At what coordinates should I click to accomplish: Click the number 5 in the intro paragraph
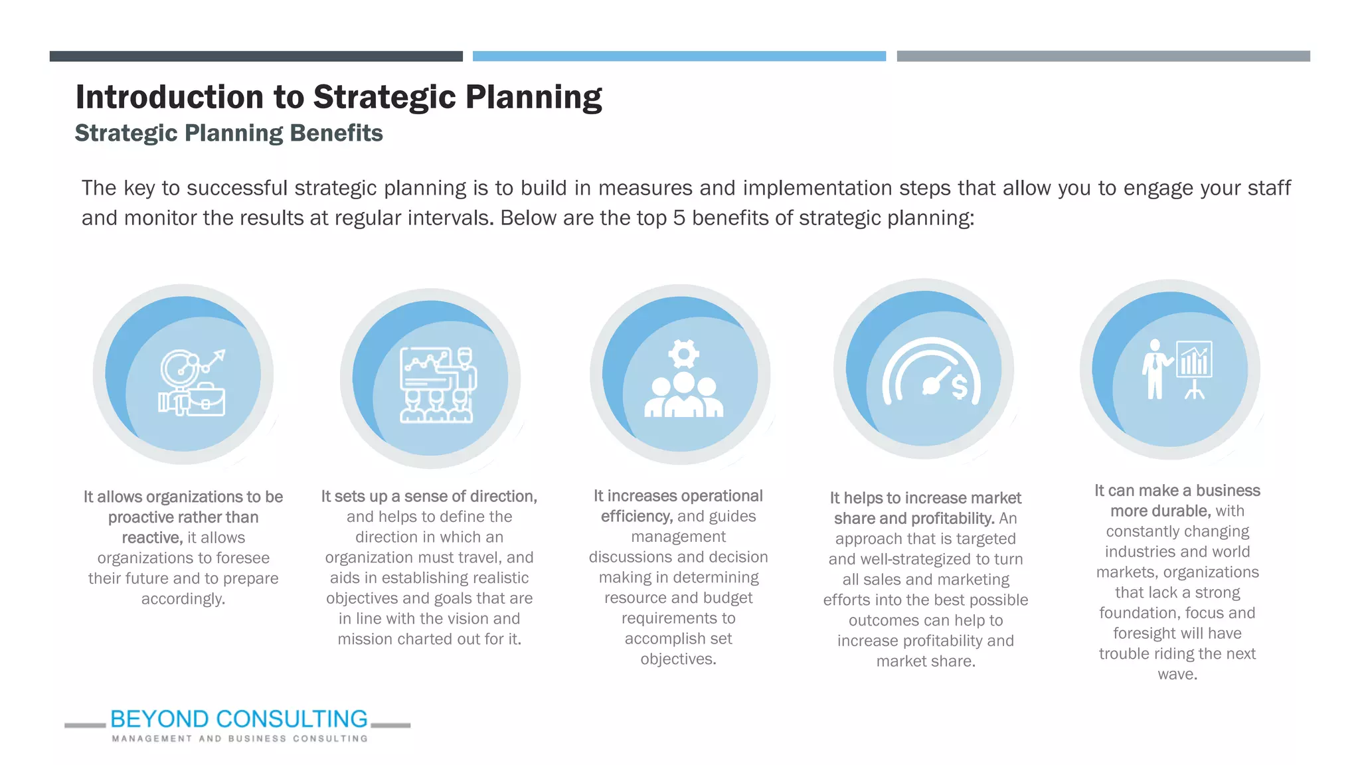(678, 218)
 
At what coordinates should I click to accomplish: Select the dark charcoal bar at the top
(256, 56)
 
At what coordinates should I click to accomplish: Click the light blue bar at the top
(679, 56)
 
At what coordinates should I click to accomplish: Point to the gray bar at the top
(1103, 56)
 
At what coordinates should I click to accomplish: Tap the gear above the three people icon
(683, 353)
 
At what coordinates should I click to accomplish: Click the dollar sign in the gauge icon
(960, 386)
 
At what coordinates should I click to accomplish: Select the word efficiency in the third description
(636, 517)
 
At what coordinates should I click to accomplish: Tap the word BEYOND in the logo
(159, 719)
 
